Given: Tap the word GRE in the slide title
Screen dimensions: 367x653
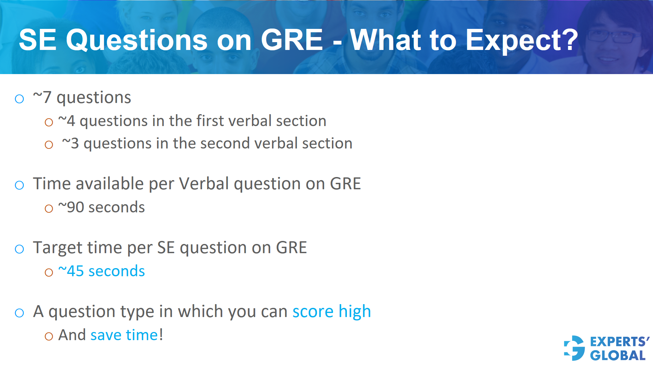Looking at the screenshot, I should [291, 40].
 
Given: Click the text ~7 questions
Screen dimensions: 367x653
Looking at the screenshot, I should [82, 98].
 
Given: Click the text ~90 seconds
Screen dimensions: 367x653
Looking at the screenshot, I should [101, 207].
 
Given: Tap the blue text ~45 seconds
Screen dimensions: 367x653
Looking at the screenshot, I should [101, 271].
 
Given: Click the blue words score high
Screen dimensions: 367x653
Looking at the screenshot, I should [331, 311].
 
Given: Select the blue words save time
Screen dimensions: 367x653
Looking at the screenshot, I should [124, 335].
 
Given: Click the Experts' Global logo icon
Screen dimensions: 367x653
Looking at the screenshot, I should [574, 348].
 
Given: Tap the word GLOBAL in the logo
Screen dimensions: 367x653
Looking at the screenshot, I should [618, 355].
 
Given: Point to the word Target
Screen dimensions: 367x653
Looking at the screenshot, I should [57, 247].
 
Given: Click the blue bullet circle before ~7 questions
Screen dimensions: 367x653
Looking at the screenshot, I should [19, 99].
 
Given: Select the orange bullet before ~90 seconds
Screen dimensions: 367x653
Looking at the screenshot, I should [49, 208].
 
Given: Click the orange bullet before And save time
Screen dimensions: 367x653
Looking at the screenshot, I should [49, 336].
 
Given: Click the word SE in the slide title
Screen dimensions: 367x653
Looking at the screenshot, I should [37, 40].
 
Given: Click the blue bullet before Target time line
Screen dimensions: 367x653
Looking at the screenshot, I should [19, 249].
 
